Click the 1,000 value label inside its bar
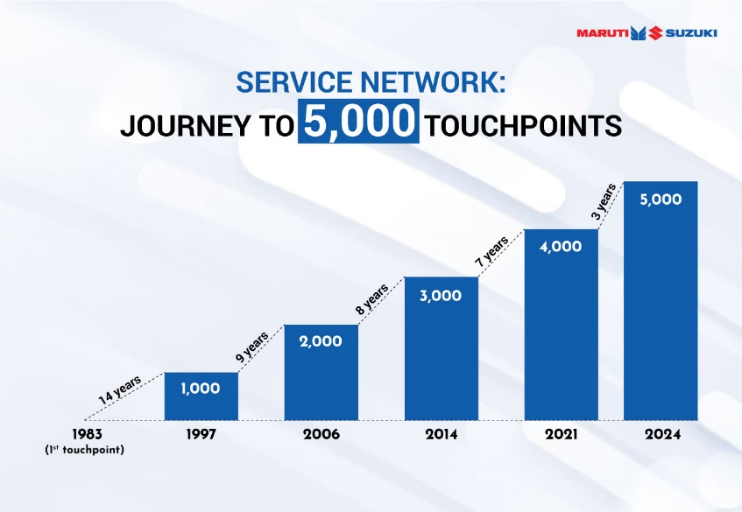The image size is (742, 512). click(x=200, y=389)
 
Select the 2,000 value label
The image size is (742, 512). click(x=321, y=341)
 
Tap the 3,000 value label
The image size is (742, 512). click(x=441, y=296)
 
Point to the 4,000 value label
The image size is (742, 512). click(x=561, y=247)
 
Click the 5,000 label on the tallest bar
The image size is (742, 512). click(x=661, y=200)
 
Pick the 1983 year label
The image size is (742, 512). click(x=87, y=434)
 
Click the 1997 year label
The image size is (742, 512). click(x=201, y=434)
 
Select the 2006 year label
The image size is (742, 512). click(x=322, y=434)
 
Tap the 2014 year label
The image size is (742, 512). click(x=441, y=434)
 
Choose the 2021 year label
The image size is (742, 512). click(x=562, y=434)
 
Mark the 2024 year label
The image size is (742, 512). click(x=662, y=434)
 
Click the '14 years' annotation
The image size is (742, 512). click(x=120, y=390)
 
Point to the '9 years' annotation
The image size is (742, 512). click(x=252, y=347)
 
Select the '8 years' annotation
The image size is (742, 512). click(x=372, y=299)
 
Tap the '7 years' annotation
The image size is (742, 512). click(x=492, y=251)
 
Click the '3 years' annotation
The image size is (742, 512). click(x=604, y=202)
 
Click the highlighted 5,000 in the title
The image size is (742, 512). click(x=358, y=121)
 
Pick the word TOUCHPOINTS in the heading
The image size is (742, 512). click(x=522, y=126)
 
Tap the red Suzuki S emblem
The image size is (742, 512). click(x=655, y=32)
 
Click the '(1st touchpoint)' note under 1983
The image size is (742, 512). click(x=85, y=450)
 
